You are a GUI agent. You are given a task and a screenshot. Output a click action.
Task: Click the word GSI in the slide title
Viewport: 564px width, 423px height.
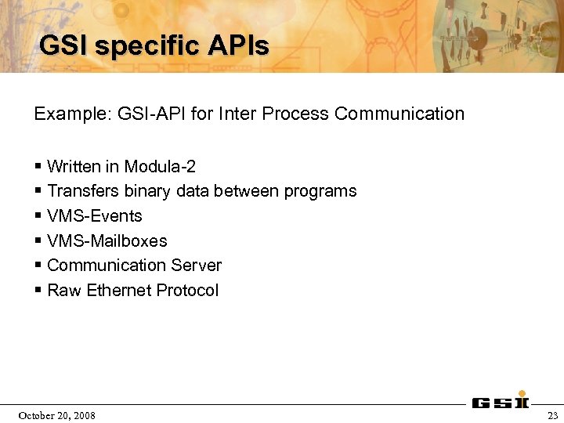click(x=63, y=46)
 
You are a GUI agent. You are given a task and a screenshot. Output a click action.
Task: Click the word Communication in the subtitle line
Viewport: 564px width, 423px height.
click(x=399, y=114)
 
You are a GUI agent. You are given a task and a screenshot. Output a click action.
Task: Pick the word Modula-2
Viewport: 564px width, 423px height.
click(x=160, y=167)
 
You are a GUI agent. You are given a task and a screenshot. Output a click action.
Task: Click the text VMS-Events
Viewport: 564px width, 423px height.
click(x=95, y=216)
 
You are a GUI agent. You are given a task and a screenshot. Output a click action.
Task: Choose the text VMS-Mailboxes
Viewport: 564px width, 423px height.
click(x=107, y=241)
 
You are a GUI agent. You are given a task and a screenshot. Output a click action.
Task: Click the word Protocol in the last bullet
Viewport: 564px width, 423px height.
click(x=187, y=291)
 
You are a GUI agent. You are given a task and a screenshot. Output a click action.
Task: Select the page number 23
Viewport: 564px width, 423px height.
click(x=553, y=415)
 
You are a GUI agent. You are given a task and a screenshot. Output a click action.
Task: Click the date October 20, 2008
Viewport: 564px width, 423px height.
click(x=56, y=415)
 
